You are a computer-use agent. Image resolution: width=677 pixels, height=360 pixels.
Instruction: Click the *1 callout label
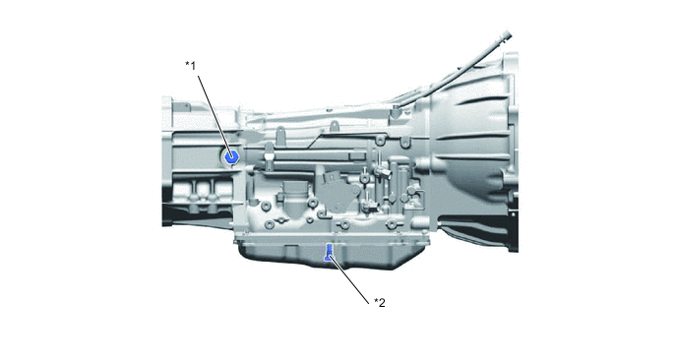[x=191, y=66]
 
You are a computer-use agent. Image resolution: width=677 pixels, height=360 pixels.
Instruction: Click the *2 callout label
[x=380, y=303]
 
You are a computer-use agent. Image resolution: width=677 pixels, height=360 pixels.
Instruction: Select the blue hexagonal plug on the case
[x=232, y=156]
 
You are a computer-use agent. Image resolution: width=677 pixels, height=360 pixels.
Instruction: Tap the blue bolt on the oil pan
[x=329, y=253]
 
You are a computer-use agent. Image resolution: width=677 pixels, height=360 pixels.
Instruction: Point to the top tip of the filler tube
[x=508, y=34]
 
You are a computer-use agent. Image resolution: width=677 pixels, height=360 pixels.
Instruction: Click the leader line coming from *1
[x=215, y=116]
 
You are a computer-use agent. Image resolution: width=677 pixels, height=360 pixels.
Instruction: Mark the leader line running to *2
[x=349, y=278]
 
